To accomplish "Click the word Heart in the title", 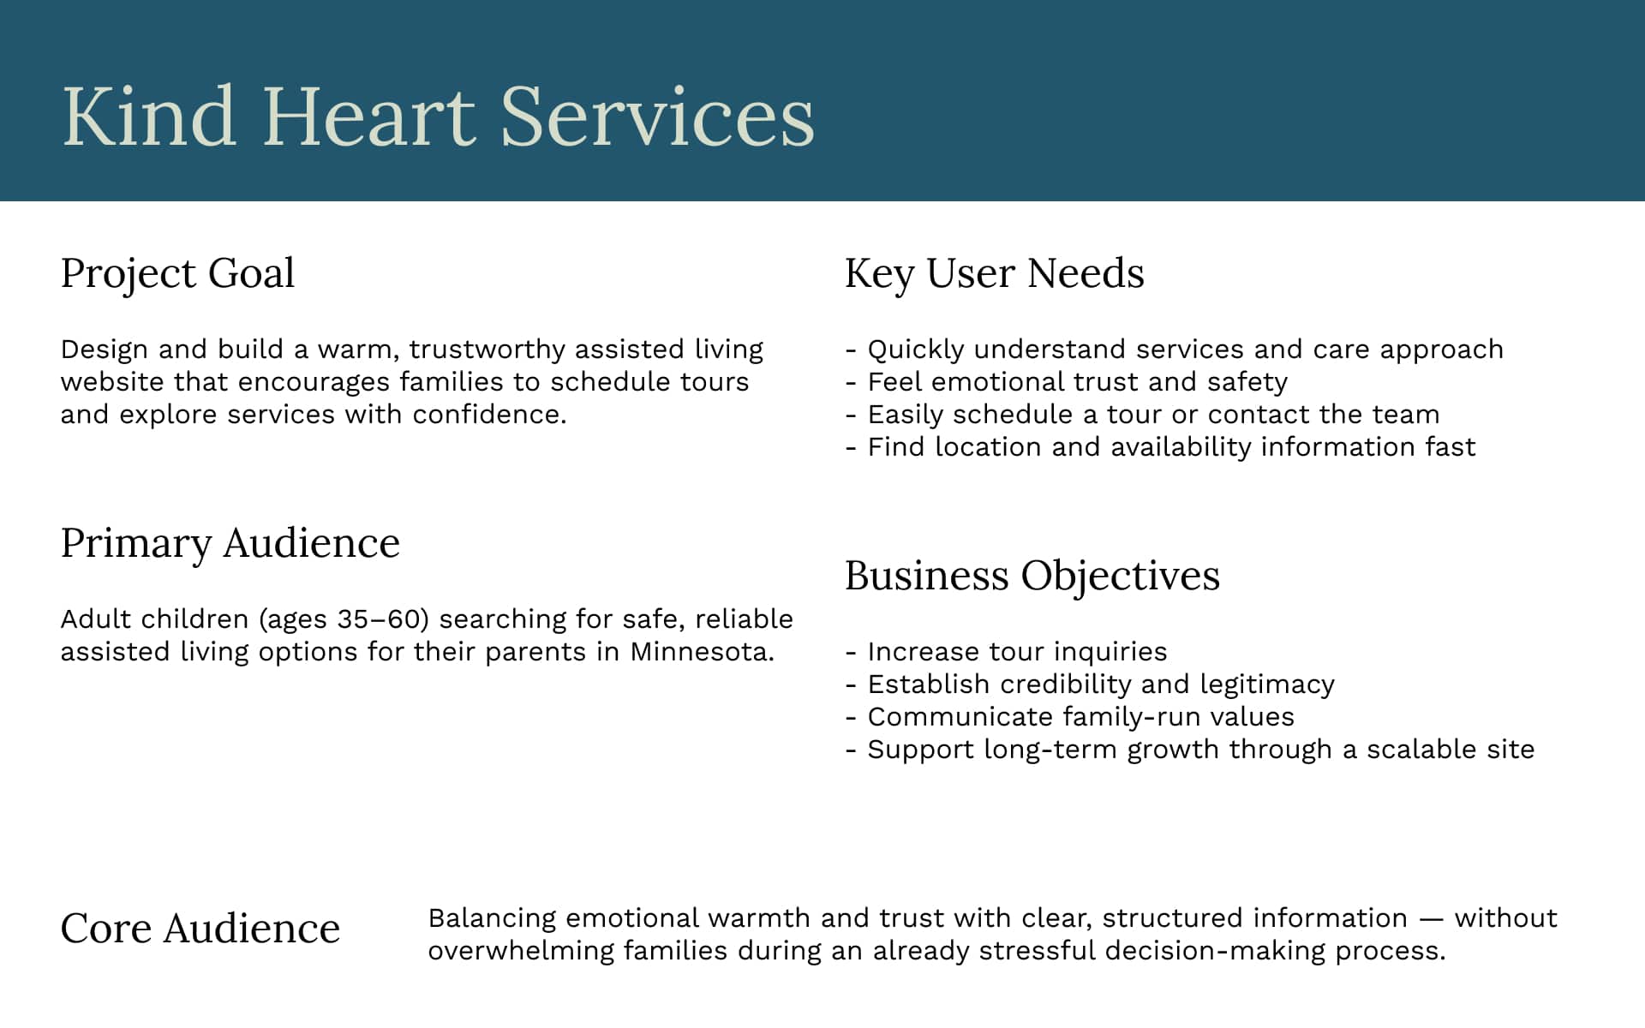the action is pos(368,117).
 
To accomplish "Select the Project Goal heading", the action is pos(177,274).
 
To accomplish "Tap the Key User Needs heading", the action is pos(994,274).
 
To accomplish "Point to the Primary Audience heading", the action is pos(230,544).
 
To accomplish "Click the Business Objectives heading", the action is pos(1032,576).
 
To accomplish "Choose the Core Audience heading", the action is pos(200,929).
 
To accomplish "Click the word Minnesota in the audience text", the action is pos(702,652).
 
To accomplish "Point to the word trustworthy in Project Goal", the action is pos(487,350).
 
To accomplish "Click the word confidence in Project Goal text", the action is pos(489,415).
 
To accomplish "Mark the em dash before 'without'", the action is pos(1431,919).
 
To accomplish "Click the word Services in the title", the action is pos(657,117).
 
